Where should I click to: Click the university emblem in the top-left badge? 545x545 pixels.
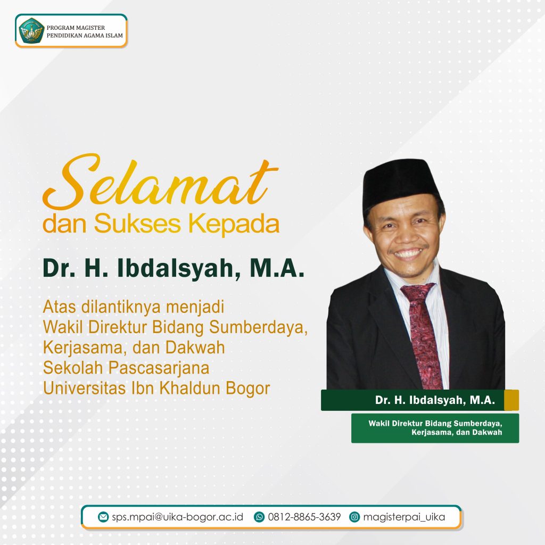(x=31, y=30)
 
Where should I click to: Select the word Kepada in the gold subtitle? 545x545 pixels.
(x=234, y=225)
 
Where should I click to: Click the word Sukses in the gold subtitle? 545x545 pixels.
(x=137, y=224)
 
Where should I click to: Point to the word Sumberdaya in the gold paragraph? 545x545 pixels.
(x=259, y=327)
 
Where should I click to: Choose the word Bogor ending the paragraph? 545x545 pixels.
(x=248, y=389)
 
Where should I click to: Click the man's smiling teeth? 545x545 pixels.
(x=408, y=253)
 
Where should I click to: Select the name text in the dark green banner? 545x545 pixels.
(x=435, y=400)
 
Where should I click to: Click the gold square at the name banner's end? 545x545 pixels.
(x=511, y=400)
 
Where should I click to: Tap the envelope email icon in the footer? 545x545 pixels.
(x=103, y=517)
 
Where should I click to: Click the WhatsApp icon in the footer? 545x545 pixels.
(x=259, y=517)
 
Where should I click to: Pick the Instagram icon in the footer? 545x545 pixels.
(x=354, y=517)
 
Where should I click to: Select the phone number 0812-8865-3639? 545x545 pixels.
(x=304, y=517)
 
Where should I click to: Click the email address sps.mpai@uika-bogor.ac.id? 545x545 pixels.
(x=177, y=517)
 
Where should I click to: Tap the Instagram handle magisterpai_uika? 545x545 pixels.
(x=404, y=517)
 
